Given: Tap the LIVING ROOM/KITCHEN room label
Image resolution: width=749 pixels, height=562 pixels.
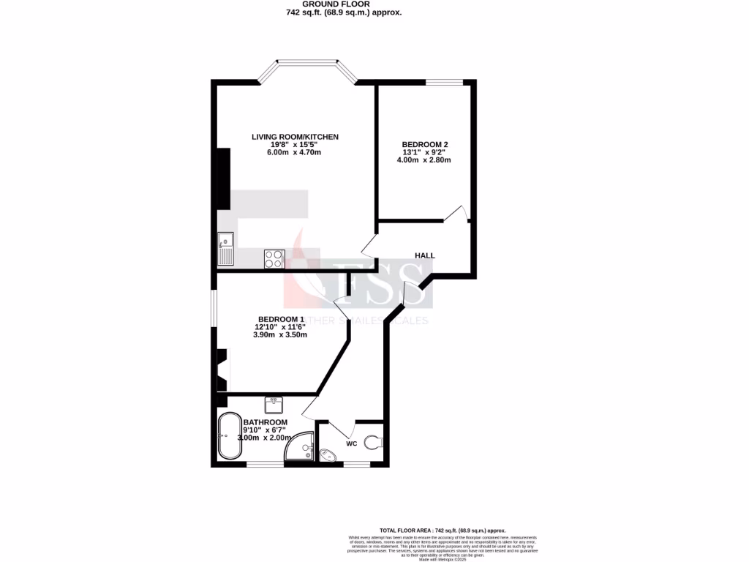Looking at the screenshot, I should pyautogui.click(x=295, y=137).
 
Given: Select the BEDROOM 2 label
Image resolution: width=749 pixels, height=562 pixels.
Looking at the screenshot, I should pyautogui.click(x=425, y=144).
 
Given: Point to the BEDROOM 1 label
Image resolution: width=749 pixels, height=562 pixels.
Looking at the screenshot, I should pyautogui.click(x=280, y=319).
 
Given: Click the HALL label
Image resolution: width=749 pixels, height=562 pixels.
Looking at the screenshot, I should pyautogui.click(x=425, y=255).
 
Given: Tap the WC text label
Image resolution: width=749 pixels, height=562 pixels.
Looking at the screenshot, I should pyautogui.click(x=351, y=443).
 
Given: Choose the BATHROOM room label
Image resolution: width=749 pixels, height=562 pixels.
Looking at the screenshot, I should pyautogui.click(x=266, y=422).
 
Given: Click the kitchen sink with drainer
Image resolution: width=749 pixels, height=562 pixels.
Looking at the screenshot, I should pyautogui.click(x=226, y=248).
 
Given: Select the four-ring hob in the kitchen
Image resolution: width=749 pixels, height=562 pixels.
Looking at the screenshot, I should pyautogui.click(x=274, y=258).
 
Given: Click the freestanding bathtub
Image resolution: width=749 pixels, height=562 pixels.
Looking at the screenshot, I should pyautogui.click(x=229, y=437).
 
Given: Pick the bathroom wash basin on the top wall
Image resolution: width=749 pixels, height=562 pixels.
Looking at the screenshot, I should pyautogui.click(x=274, y=403).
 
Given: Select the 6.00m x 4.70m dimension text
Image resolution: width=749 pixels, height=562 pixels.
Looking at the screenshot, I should pyautogui.click(x=295, y=152).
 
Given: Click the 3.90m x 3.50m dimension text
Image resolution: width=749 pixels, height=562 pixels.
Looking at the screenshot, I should pyautogui.click(x=280, y=335).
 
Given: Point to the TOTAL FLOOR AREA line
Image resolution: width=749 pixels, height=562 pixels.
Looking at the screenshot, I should pyautogui.click(x=443, y=530).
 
